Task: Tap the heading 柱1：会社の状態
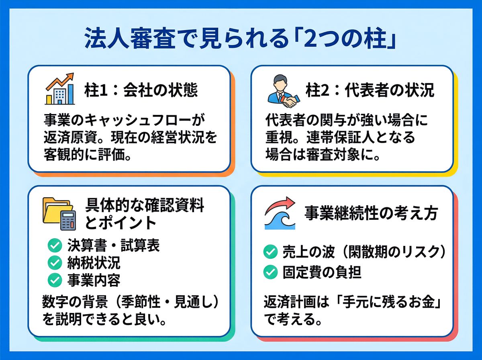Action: (x=141, y=90)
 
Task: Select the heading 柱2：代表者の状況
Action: (x=370, y=90)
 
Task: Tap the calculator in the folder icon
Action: (x=68, y=220)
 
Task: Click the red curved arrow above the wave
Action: (x=279, y=204)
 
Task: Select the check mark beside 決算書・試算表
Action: (x=55, y=245)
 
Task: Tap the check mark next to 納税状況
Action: (x=55, y=263)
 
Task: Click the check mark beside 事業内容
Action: (x=55, y=280)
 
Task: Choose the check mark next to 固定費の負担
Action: (x=270, y=272)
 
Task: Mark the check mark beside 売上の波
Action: (x=270, y=252)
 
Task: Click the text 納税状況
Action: (x=94, y=263)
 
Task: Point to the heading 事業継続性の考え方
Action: (x=371, y=213)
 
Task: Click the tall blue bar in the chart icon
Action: (x=71, y=94)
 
